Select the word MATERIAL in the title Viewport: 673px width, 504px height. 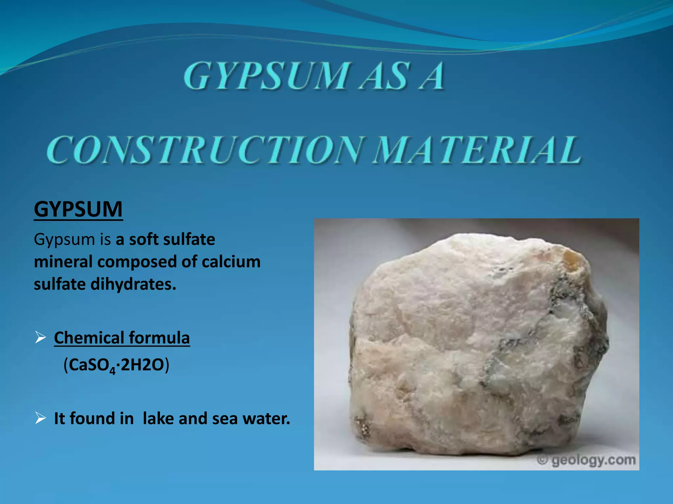click(477, 150)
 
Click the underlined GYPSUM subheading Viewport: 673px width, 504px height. click(78, 209)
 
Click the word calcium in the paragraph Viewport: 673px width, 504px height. click(231, 262)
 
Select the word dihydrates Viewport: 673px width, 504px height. click(133, 284)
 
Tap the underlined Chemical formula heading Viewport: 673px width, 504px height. click(122, 338)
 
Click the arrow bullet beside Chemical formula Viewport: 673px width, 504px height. click(40, 337)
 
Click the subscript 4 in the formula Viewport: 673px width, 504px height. click(113, 371)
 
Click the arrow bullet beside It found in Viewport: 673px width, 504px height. click(40, 418)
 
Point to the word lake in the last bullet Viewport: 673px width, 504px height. click(157, 418)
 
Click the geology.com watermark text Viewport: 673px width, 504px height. click(593, 460)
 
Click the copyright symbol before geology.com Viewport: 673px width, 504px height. click(543, 460)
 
